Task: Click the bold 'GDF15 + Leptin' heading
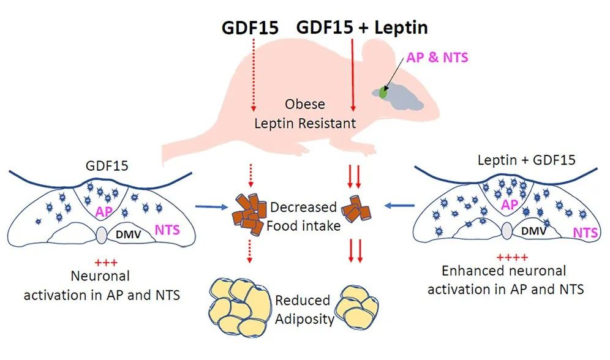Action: click(x=362, y=28)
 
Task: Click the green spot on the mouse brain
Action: click(x=383, y=92)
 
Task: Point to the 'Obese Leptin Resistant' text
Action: click(x=305, y=113)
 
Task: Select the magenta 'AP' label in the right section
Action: click(x=510, y=205)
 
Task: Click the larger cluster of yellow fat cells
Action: click(x=242, y=302)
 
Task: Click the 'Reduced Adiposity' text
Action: click(x=303, y=310)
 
